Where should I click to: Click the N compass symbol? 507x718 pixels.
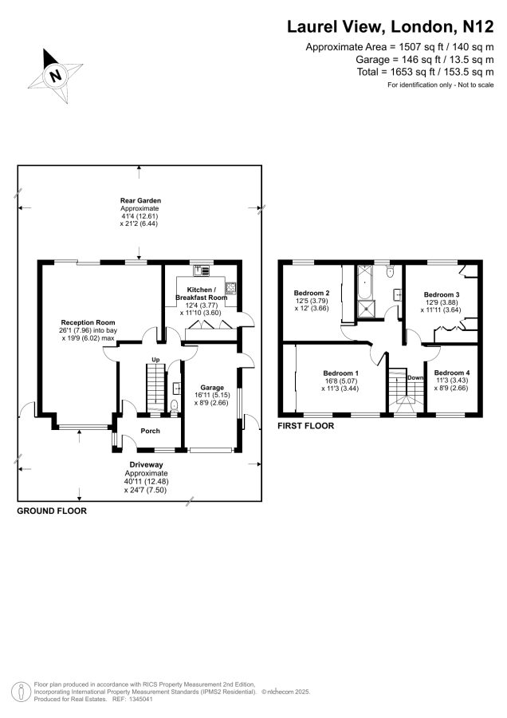[56, 75]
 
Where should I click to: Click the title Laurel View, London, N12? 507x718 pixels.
[391, 26]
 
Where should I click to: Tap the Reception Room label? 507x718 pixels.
[88, 322]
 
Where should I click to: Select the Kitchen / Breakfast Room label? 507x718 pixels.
[202, 294]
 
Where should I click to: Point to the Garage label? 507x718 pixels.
[212, 388]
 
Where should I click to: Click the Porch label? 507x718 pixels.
[150, 431]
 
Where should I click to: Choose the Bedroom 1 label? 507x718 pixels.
[340, 373]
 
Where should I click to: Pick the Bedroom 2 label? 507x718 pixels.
[312, 293]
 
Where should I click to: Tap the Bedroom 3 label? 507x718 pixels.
[441, 294]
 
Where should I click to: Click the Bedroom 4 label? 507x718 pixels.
[452, 373]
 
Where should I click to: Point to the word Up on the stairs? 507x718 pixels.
[155, 360]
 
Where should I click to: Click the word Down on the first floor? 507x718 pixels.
[415, 378]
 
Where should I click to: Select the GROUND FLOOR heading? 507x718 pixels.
[52, 511]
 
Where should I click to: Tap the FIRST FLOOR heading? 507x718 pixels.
[305, 426]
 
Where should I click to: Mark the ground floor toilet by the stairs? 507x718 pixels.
[174, 406]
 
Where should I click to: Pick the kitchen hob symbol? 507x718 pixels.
[230, 287]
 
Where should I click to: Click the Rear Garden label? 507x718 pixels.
[140, 200]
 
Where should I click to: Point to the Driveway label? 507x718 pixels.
[146, 465]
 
